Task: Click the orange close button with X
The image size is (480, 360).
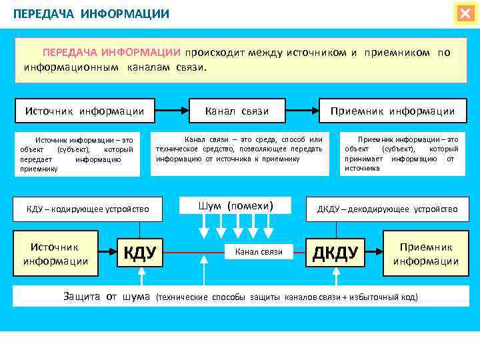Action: (x=465, y=13)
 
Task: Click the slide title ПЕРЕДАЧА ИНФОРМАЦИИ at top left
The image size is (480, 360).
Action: (x=91, y=13)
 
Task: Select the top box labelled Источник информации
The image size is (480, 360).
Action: (x=84, y=111)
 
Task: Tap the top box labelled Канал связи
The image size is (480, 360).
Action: (x=237, y=111)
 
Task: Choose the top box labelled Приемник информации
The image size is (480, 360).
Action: (x=392, y=111)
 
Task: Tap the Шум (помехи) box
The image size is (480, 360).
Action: (x=236, y=205)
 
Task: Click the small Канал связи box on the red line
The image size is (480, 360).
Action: (x=259, y=252)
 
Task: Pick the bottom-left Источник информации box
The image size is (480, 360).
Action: (x=55, y=254)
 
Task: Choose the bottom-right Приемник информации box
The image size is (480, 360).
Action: (x=425, y=254)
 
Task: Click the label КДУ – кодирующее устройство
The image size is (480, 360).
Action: (x=87, y=209)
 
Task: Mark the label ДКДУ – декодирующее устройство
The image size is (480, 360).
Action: (x=387, y=209)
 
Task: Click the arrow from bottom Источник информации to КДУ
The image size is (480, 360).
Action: (x=106, y=252)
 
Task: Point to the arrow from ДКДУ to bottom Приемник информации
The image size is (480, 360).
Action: (x=375, y=252)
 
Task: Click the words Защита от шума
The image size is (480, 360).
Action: (x=107, y=297)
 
